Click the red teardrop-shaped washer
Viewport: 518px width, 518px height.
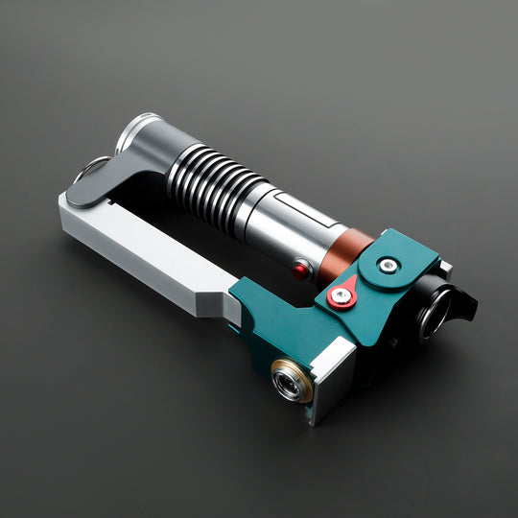[341, 296]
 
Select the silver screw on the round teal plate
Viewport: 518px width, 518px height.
[387, 266]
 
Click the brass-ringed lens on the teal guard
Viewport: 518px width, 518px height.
[288, 382]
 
